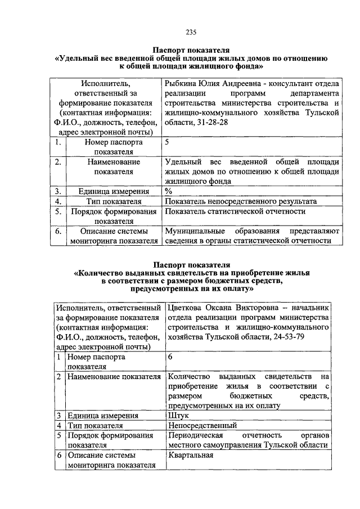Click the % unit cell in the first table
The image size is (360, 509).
click(x=168, y=191)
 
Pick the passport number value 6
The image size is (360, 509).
click(x=170, y=357)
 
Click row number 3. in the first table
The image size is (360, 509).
click(x=57, y=191)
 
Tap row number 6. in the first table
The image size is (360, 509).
click(x=57, y=231)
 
